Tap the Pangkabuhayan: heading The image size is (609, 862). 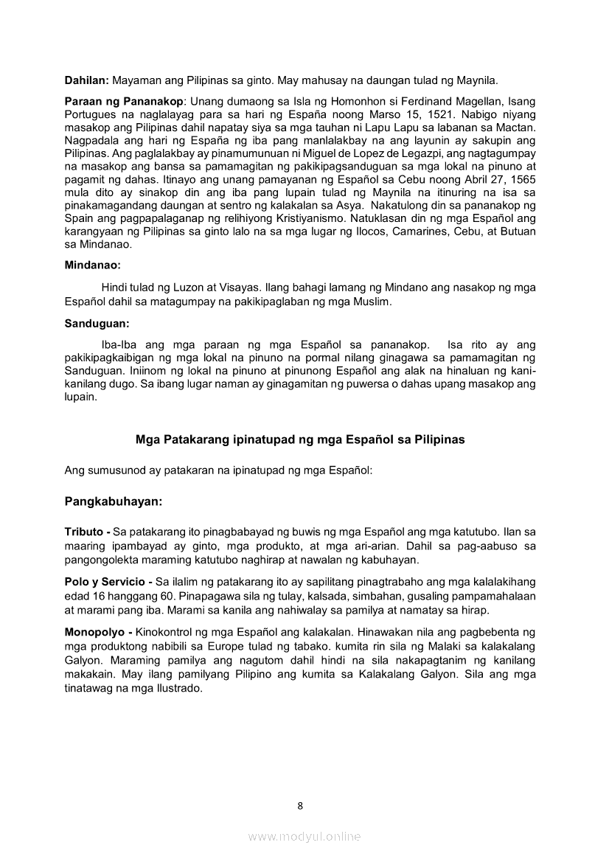click(x=114, y=501)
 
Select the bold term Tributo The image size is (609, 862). click(x=84, y=532)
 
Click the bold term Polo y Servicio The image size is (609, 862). click(x=104, y=582)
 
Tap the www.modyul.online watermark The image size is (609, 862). click(x=304, y=836)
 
